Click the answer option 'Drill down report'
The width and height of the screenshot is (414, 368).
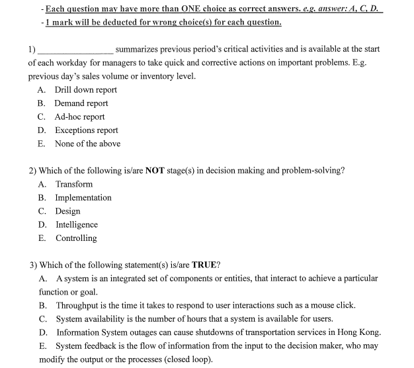[x=85, y=89]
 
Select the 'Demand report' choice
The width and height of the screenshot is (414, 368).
[x=81, y=103]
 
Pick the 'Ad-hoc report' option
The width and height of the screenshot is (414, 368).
[x=79, y=116]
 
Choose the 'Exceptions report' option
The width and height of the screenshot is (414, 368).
[x=86, y=130]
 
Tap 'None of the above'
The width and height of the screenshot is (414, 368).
[x=87, y=144]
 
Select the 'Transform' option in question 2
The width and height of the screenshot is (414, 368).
[x=74, y=184]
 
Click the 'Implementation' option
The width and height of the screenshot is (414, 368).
[x=83, y=197]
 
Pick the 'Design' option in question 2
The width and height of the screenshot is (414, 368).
[x=67, y=211]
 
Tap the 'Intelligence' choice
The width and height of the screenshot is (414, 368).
[x=77, y=224]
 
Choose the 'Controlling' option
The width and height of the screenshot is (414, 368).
[x=76, y=238]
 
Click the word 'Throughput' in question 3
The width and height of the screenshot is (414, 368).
[x=79, y=305]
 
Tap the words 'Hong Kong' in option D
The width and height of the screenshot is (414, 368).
[x=360, y=332]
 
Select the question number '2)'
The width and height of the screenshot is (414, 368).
[x=33, y=170]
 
